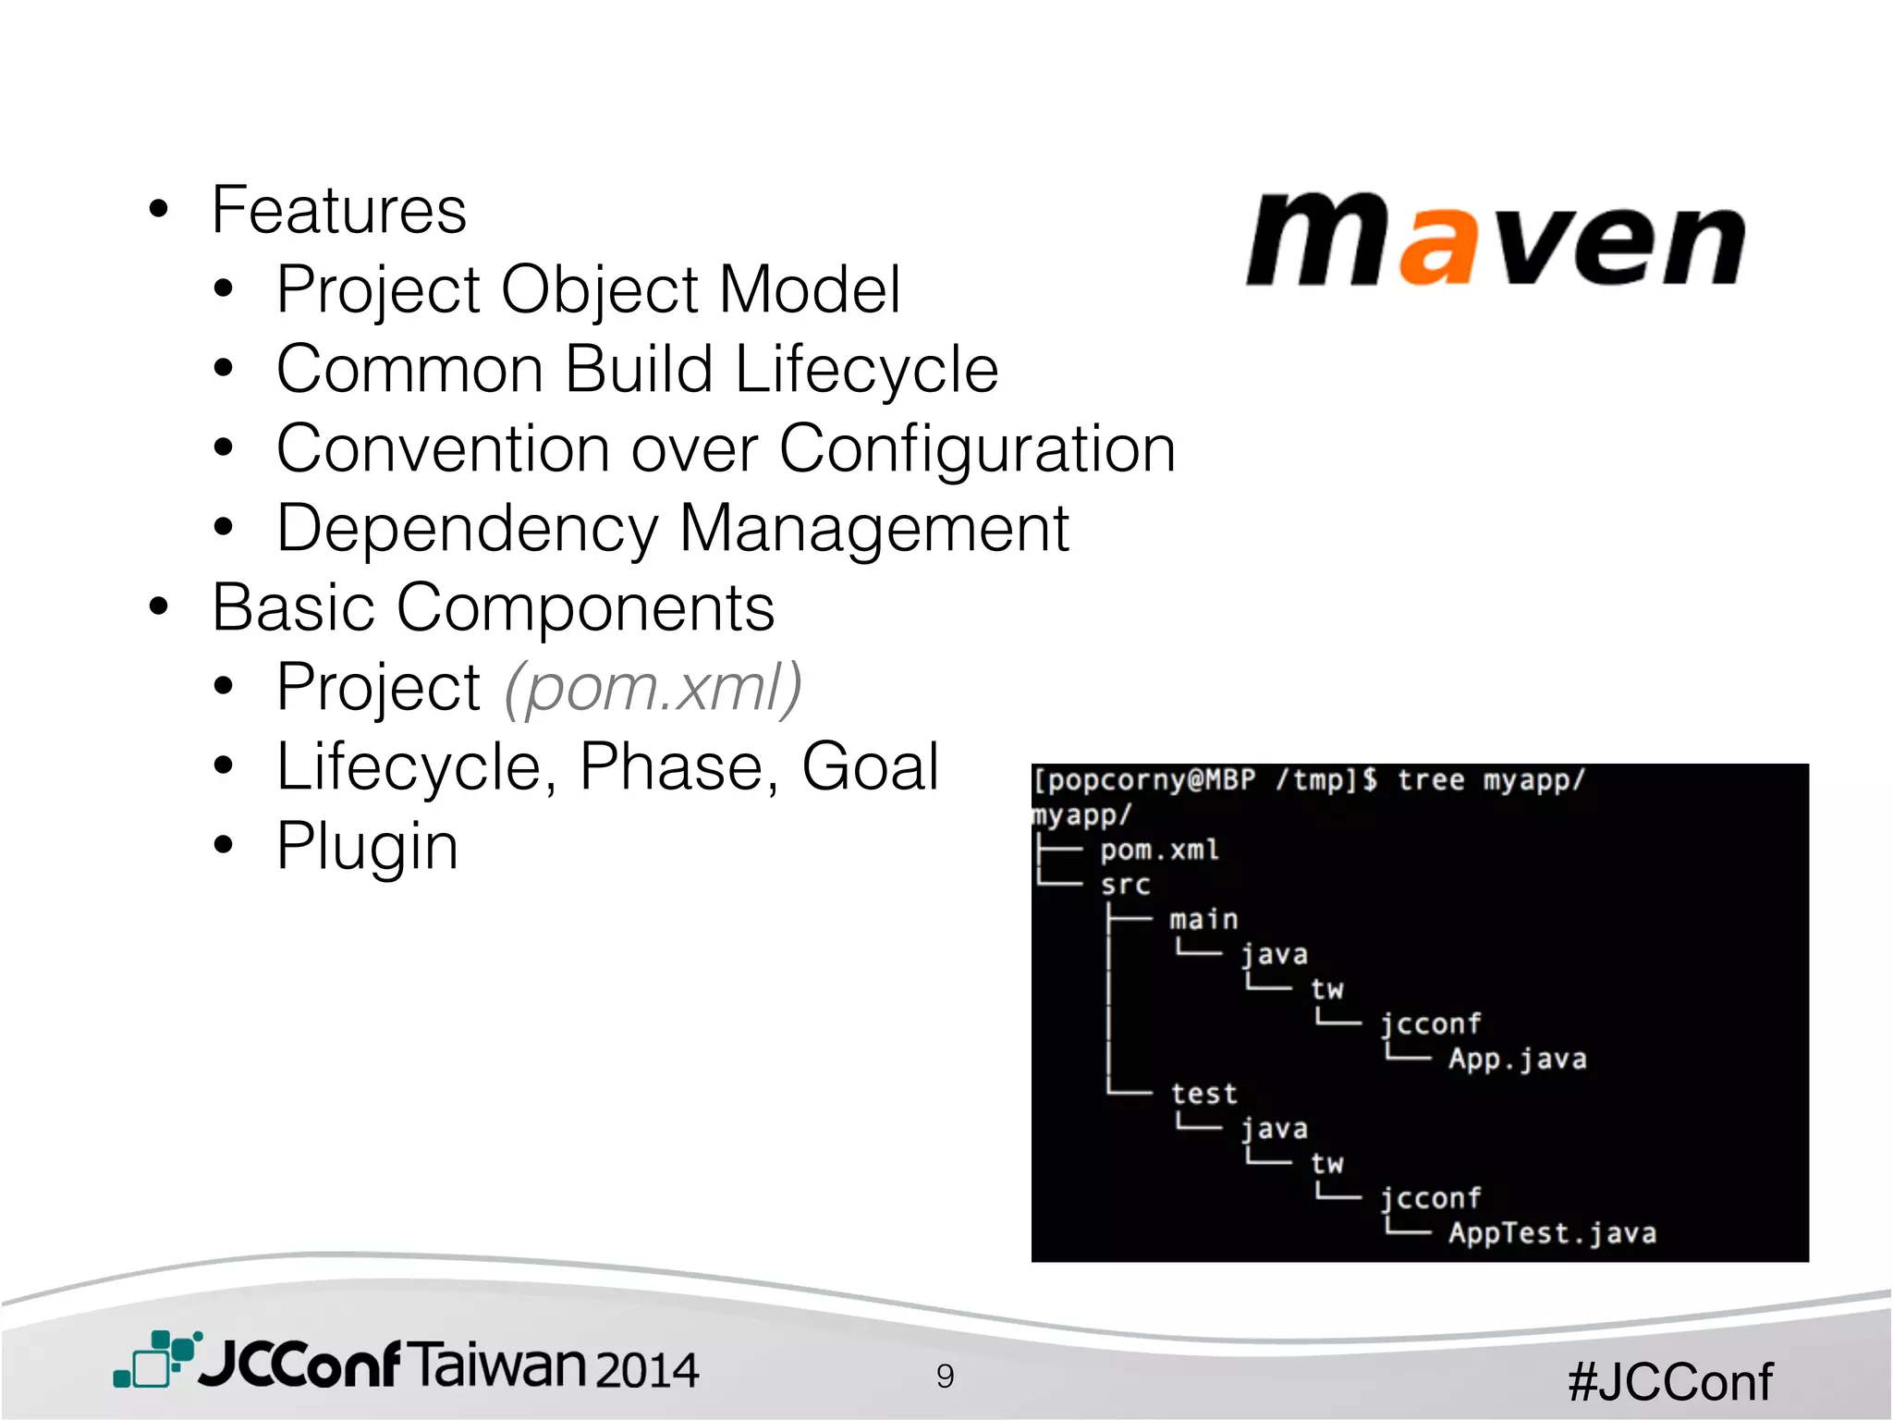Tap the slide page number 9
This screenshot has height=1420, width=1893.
[x=945, y=1377]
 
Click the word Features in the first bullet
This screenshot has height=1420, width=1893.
[x=339, y=211]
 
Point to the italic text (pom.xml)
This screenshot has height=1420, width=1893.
[x=653, y=688]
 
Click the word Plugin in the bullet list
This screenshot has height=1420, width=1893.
[x=367, y=847]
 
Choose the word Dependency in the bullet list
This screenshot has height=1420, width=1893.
[x=468, y=530]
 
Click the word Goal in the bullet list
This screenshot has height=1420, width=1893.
[x=870, y=767]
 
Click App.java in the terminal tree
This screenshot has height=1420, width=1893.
[x=1517, y=1059]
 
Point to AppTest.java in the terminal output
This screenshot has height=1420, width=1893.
[x=1552, y=1233]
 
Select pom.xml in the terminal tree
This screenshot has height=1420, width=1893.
[x=1159, y=851]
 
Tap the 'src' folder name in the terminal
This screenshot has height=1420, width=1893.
[x=1125, y=886]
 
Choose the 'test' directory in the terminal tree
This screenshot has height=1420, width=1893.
[x=1203, y=1095]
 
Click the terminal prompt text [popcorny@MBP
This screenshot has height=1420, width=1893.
[x=1144, y=781]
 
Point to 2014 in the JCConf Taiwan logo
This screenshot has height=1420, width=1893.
[x=646, y=1369]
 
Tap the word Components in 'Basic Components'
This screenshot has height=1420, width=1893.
[x=585, y=608]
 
